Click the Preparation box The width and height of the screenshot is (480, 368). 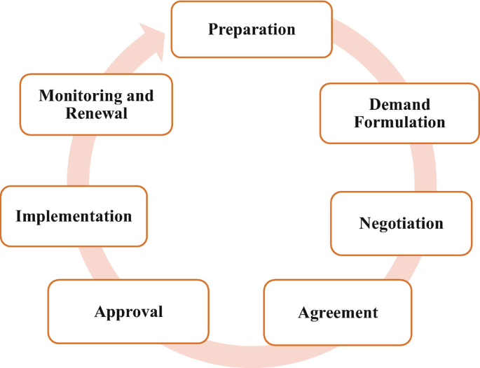point(252,29)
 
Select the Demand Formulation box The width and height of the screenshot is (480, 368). point(399,113)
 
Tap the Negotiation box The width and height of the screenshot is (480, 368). point(401,223)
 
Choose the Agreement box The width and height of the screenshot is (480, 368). point(338,312)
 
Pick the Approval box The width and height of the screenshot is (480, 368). point(128,311)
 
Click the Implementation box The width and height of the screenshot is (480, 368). point(74,215)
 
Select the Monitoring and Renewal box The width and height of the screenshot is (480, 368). point(96,104)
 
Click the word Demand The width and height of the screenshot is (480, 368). point(399,105)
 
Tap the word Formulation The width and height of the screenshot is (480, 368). point(399,122)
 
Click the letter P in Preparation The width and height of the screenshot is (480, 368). point(213,29)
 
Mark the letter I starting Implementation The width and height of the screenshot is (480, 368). point(19,215)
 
